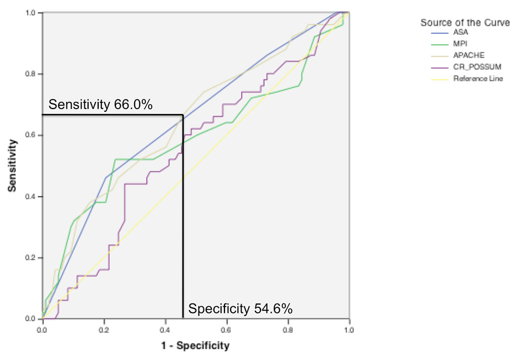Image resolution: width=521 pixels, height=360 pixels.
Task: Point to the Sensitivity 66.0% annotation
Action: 100,105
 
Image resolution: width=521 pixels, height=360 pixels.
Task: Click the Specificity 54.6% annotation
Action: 240,309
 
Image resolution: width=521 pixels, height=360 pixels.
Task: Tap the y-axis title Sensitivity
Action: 12,166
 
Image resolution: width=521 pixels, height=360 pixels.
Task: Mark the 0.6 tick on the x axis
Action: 226,330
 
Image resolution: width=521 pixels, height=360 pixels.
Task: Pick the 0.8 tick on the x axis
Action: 288,330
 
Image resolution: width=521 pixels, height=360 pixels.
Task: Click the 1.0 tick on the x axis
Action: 349,330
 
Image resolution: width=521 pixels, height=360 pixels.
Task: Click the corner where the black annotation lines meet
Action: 182,115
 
